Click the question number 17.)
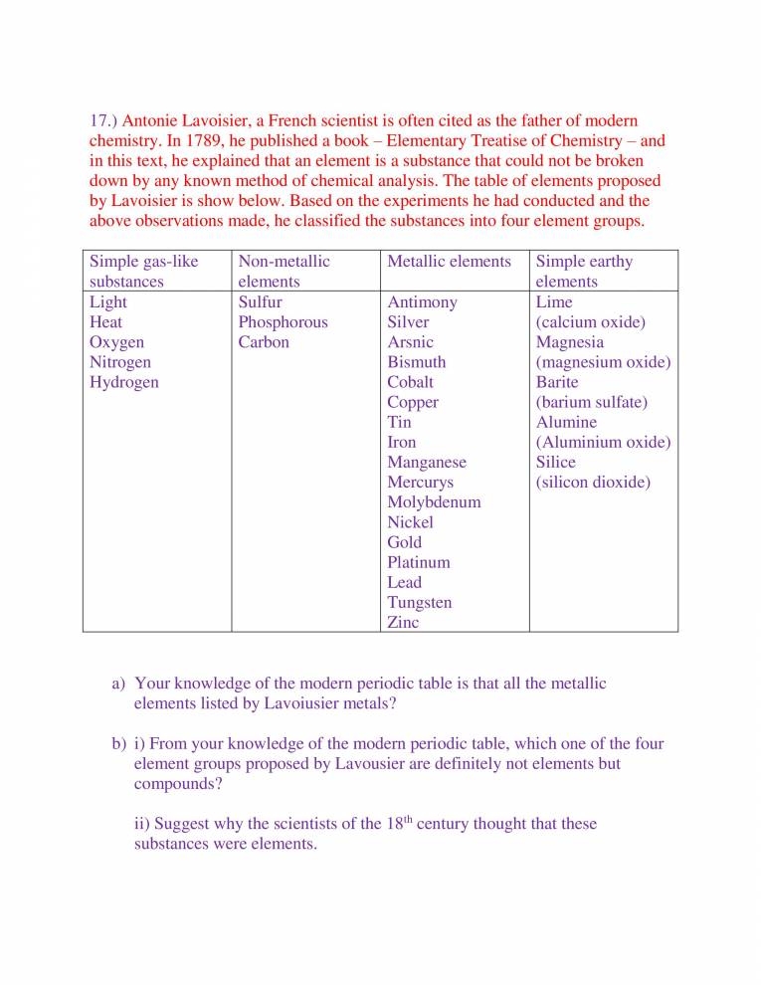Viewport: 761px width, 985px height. [103, 120]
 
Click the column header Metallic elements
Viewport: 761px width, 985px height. [449, 262]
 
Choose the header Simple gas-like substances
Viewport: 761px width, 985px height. [143, 272]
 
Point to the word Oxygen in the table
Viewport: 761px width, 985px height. [116, 342]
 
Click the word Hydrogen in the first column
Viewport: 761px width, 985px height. [123, 382]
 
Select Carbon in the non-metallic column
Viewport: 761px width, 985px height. [264, 342]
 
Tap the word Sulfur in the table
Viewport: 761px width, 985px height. [260, 302]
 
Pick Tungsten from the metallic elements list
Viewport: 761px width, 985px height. [419, 602]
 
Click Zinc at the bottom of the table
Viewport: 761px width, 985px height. [403, 622]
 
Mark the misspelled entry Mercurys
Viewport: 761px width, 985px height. [420, 483]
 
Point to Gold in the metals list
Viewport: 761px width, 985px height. [404, 542]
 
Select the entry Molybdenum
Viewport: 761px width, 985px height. [434, 502]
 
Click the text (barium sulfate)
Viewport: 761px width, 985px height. [591, 402]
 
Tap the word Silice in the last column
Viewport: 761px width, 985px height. [555, 463]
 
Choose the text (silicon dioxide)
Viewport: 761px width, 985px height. [593, 483]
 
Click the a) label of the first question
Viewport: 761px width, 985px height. [118, 684]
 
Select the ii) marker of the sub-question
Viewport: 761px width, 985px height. [143, 824]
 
